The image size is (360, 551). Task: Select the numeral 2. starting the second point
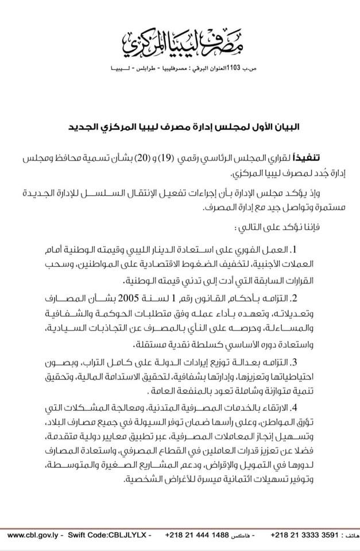316,298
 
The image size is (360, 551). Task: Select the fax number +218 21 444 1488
196,534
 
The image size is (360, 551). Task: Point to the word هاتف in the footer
349,535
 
